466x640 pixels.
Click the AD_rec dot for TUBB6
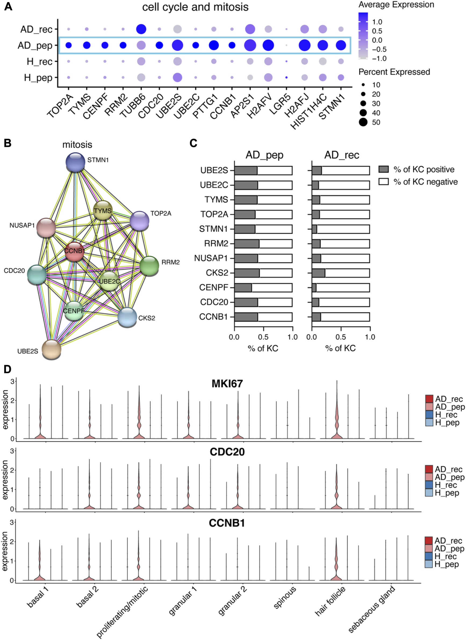[141, 29]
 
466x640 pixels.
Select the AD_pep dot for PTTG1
[214, 45]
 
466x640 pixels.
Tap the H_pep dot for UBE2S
[177, 77]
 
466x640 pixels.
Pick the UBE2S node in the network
[51, 349]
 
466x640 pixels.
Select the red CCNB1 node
[74, 252]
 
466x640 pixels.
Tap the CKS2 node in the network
[127, 317]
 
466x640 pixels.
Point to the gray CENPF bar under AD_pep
[243, 288]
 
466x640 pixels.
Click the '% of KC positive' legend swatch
[383, 169]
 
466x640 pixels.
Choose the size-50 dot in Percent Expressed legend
[363, 122]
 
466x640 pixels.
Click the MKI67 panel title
[227, 384]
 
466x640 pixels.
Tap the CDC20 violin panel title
[227, 452]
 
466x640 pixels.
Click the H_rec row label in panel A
[40, 61]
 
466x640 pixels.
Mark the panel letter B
[8, 143]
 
